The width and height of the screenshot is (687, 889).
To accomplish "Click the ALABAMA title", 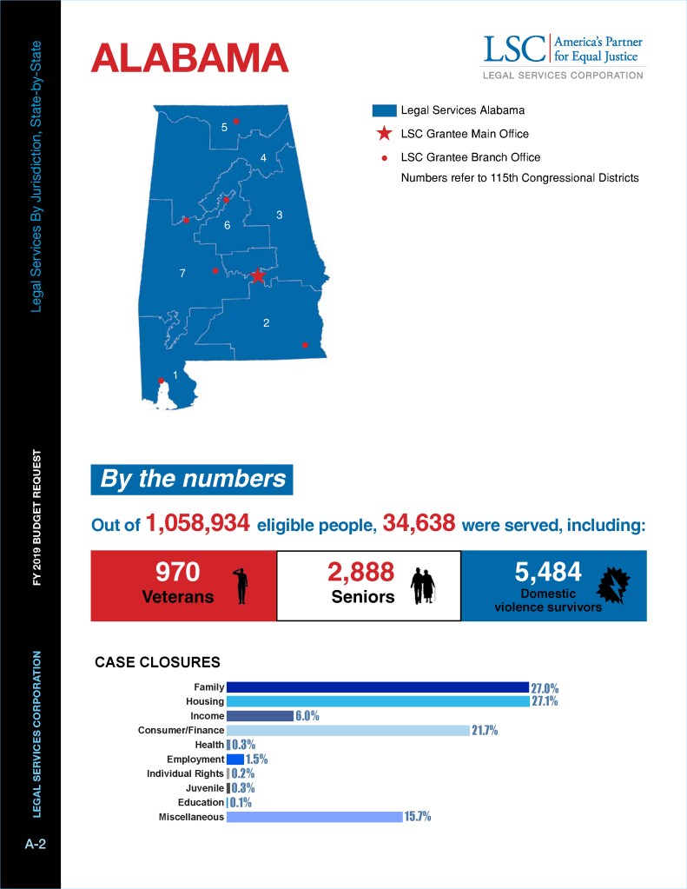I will click(189, 57).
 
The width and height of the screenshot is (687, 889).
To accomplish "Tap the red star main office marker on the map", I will click(258, 276).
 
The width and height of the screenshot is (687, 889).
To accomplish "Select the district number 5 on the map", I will click(224, 128).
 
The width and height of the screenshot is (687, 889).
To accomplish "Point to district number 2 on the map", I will click(266, 323).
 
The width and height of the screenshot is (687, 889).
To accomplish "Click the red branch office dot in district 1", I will click(161, 381).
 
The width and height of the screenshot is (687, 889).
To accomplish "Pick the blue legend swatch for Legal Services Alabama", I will click(383, 111).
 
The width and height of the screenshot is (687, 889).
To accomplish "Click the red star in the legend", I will click(383, 134).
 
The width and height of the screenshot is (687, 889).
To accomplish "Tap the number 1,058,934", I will click(199, 523).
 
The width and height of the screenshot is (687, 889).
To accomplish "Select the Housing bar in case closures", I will click(377, 701).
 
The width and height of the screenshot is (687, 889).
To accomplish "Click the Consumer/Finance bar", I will click(347, 730).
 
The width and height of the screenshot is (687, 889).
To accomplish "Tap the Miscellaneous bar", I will click(314, 817).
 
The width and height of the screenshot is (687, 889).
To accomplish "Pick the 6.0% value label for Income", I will click(307, 716).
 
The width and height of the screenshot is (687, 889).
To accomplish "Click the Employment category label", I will click(195, 760).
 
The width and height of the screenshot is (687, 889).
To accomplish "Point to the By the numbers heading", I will click(192, 479).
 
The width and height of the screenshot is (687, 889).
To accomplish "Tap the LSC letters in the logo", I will click(514, 49).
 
